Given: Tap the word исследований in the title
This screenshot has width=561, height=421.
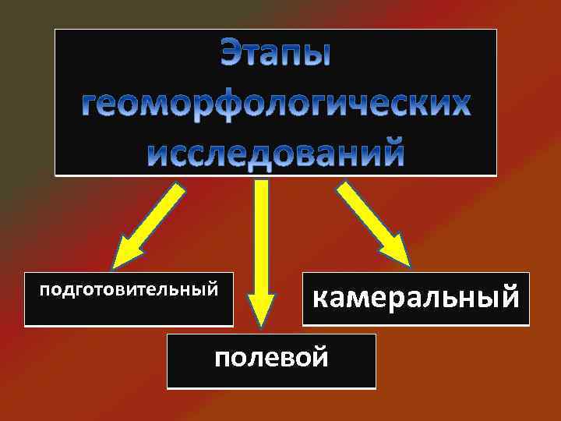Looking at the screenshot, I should click(x=276, y=152).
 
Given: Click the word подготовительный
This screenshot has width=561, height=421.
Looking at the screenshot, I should click(x=128, y=290).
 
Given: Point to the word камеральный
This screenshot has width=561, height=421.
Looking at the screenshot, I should click(x=415, y=297).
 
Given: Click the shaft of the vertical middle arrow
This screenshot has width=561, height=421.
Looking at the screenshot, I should click(x=261, y=234).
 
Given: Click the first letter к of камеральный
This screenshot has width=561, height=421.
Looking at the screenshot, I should click(x=320, y=297).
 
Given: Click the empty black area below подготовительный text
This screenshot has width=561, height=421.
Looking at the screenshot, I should click(x=128, y=312).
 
